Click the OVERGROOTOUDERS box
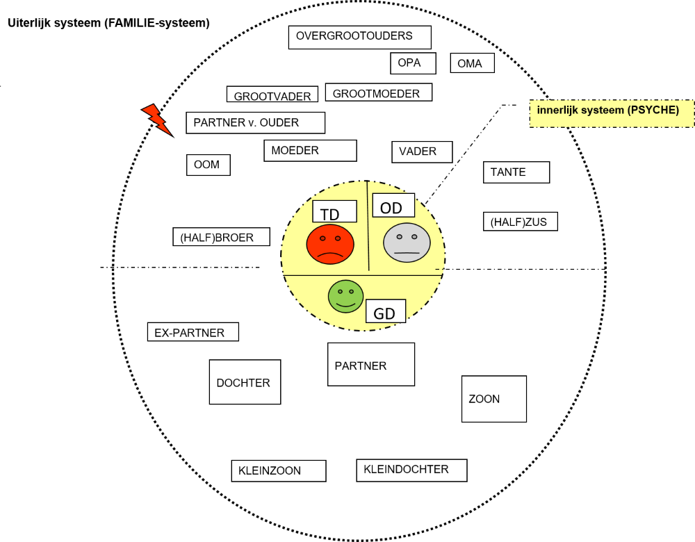(x=359, y=37)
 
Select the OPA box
(x=413, y=63)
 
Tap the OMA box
(x=472, y=63)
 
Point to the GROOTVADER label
(x=272, y=95)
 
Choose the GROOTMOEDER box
(x=378, y=92)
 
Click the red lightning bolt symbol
(x=158, y=120)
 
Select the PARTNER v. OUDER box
(x=255, y=122)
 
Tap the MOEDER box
(x=310, y=151)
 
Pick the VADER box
(x=421, y=151)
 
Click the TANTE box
(x=516, y=172)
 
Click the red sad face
(x=330, y=244)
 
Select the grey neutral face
(x=407, y=243)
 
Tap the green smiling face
(x=345, y=295)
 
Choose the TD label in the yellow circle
(x=334, y=212)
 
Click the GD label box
(x=385, y=311)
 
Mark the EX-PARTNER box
(x=193, y=332)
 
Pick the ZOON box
(x=493, y=399)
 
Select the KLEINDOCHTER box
(x=411, y=470)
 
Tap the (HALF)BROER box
(x=222, y=237)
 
